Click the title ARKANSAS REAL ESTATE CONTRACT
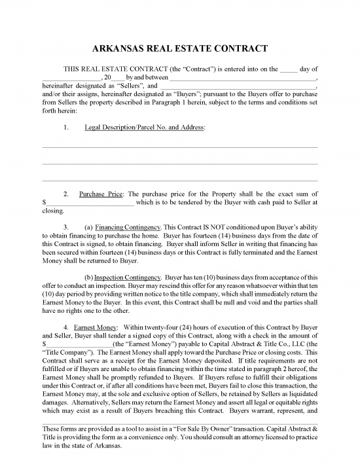point(180,49)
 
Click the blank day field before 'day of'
point(288,69)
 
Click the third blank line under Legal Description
point(180,179)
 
